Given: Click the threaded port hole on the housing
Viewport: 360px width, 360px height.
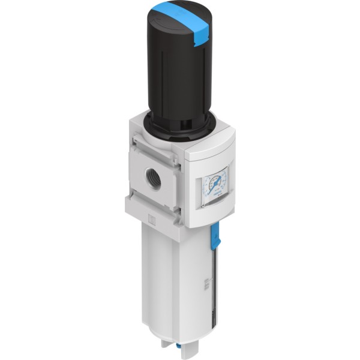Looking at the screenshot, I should click(155, 180).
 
